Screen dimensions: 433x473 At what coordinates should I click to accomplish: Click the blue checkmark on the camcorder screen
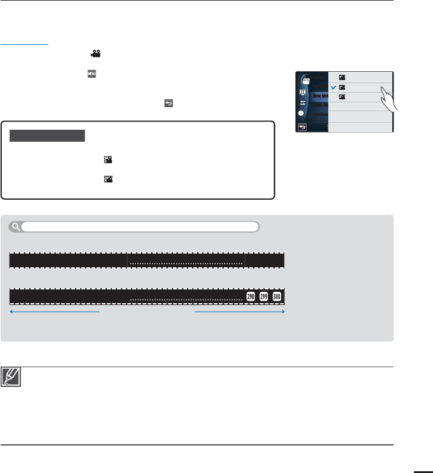pos(334,87)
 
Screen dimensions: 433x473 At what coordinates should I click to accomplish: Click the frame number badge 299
pos(264,297)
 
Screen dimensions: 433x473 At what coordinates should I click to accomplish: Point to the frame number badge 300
pos(277,297)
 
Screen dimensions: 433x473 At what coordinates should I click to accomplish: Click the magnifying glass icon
pos(15,227)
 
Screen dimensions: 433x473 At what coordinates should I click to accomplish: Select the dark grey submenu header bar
pos(48,136)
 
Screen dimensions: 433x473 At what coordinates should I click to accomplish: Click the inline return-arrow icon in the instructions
pos(168,103)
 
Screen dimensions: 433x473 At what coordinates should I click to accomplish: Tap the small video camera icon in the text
pos(95,53)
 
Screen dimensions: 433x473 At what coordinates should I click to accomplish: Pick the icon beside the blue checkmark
pos(342,87)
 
